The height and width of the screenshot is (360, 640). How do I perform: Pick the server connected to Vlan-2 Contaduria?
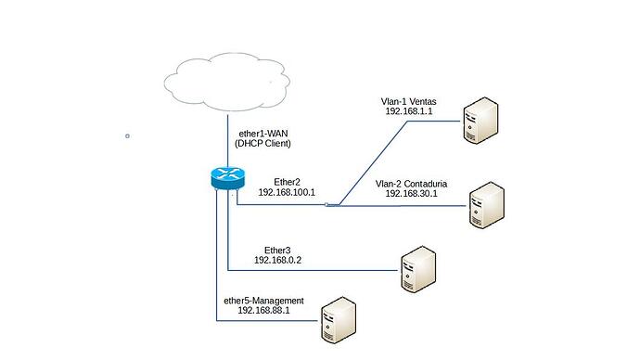point(487,205)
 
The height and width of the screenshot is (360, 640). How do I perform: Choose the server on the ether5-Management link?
point(338,320)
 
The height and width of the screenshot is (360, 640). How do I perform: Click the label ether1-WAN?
point(264,134)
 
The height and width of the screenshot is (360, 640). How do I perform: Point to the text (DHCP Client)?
point(264,145)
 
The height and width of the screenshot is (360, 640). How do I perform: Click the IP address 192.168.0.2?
point(278,261)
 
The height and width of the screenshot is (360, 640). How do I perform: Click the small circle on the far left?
point(127,135)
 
